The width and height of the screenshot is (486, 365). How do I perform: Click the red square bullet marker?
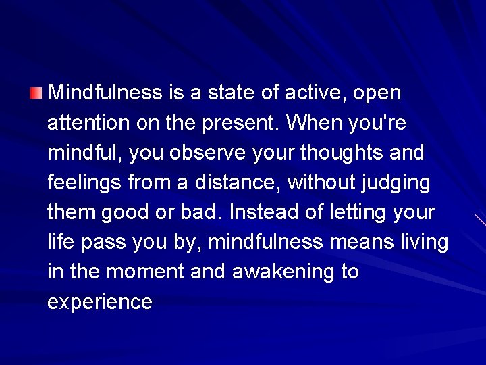pos(36,92)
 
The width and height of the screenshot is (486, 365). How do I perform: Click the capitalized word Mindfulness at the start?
pos(105,92)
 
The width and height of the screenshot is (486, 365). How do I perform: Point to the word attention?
pos(88,122)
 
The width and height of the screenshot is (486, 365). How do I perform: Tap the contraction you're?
pos(378,122)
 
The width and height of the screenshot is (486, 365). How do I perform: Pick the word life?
pos(59,242)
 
